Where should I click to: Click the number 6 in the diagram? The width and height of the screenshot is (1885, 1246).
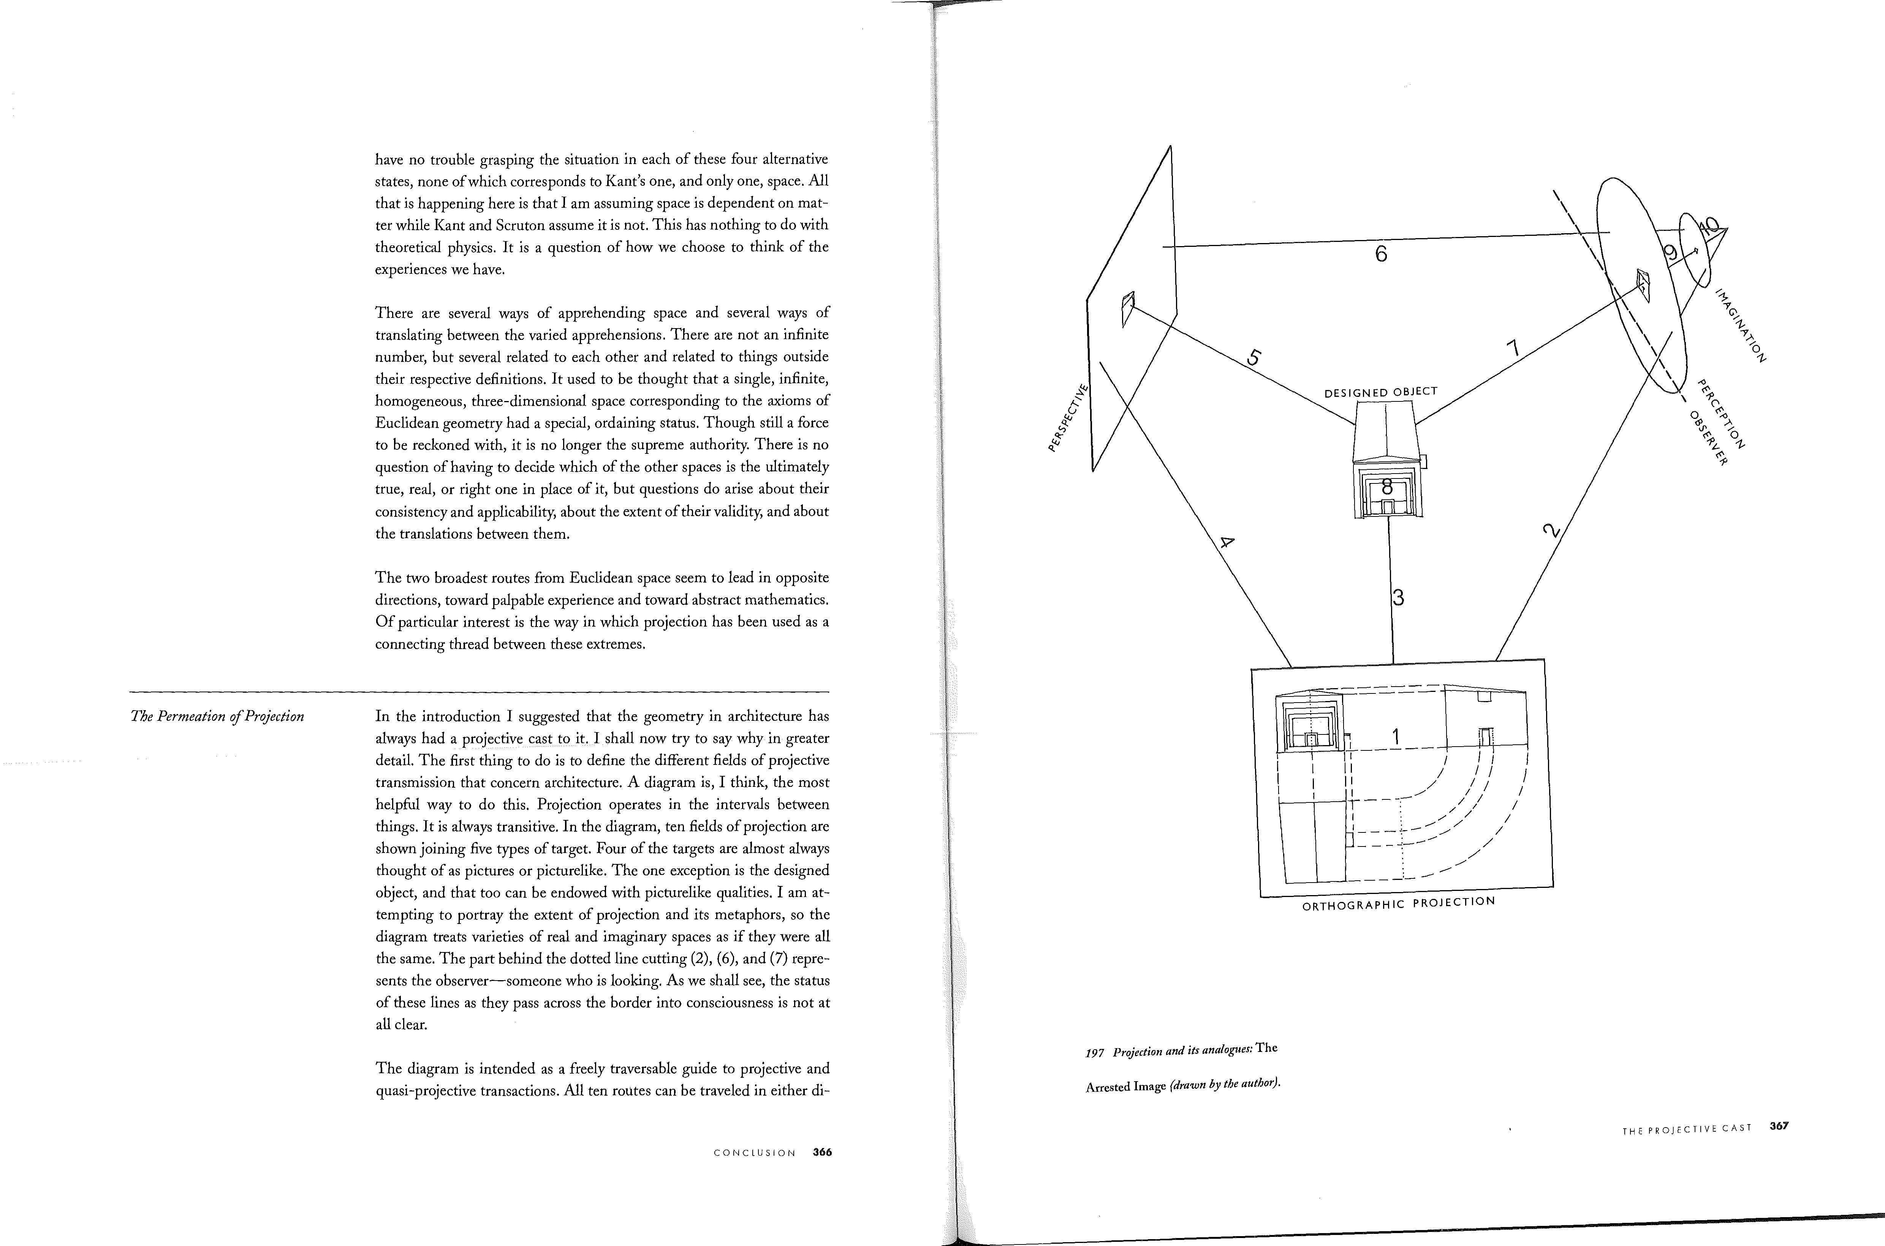[1381, 254]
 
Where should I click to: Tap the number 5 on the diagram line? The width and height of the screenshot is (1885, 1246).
[1254, 358]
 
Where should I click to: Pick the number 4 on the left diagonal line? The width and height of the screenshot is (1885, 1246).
[1227, 543]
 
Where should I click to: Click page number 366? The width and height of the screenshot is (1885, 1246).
[822, 1152]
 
